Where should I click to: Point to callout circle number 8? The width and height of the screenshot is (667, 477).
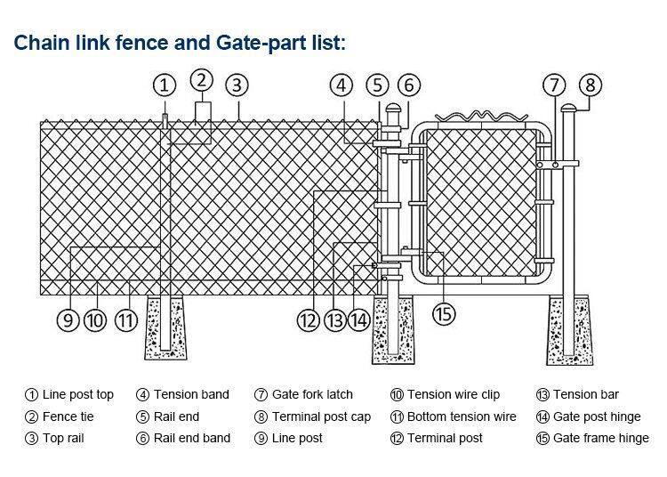(590, 85)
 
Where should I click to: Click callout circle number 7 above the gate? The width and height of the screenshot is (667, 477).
(554, 85)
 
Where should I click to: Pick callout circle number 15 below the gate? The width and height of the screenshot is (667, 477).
(444, 313)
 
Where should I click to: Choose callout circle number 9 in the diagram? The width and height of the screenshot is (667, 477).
(68, 320)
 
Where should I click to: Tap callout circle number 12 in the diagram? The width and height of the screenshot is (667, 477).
(308, 320)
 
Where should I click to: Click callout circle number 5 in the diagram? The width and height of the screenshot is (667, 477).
(378, 85)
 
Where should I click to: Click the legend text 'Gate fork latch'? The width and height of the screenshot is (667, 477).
(312, 394)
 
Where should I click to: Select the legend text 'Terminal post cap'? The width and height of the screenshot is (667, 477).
(321, 416)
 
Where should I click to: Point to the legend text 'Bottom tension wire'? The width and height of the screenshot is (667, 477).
(462, 416)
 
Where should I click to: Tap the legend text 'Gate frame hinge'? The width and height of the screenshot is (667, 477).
(601, 438)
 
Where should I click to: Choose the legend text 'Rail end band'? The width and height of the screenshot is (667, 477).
(192, 438)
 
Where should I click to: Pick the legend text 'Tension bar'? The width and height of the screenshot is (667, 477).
(586, 394)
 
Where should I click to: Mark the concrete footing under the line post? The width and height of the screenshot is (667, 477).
(166, 329)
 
